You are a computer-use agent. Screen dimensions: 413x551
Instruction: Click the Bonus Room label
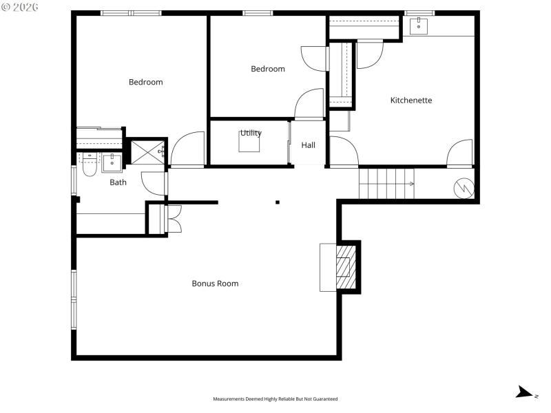215,284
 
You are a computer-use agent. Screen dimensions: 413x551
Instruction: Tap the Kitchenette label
411,100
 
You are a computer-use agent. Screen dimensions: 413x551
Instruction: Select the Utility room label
251,134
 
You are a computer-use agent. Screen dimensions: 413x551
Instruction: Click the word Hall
308,145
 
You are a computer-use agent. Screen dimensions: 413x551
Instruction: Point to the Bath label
118,182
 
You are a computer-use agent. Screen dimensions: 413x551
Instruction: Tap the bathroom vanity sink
112,162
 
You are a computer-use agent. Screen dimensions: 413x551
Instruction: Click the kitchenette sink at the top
419,26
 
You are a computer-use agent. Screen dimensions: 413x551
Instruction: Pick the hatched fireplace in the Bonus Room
344,266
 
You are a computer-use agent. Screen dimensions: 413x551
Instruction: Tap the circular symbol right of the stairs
463,187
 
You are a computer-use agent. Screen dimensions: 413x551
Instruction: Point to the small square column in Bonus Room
278,202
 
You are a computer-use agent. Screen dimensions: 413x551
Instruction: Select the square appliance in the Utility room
249,142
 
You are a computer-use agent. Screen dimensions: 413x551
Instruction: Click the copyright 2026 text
20,7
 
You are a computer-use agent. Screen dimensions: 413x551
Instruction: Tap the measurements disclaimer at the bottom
275,399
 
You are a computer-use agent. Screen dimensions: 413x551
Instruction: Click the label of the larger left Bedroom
146,83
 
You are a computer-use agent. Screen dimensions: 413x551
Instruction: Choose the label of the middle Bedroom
267,69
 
